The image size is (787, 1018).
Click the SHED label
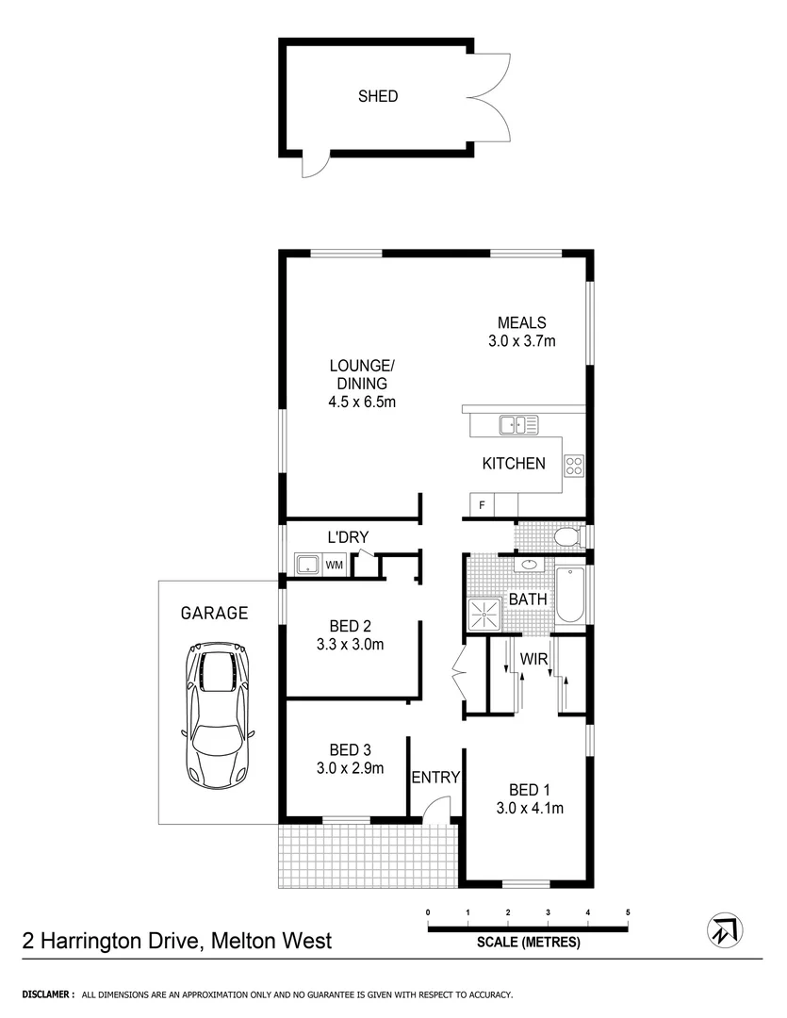[378, 96]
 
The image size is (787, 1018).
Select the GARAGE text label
[215, 614]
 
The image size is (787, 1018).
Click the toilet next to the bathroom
[567, 537]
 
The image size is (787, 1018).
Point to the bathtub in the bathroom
[569, 595]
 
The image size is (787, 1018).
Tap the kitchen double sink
[518, 425]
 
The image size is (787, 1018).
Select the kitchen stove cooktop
[573, 464]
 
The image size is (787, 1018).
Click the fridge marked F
[482, 506]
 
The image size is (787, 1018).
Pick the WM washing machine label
[335, 566]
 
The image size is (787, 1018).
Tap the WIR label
[534, 660]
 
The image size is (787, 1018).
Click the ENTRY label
[435, 778]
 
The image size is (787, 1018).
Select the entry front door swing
[435, 810]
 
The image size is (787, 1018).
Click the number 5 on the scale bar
[628, 912]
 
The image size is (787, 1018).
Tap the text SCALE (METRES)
[528, 942]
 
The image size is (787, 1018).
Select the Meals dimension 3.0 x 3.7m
[522, 341]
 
